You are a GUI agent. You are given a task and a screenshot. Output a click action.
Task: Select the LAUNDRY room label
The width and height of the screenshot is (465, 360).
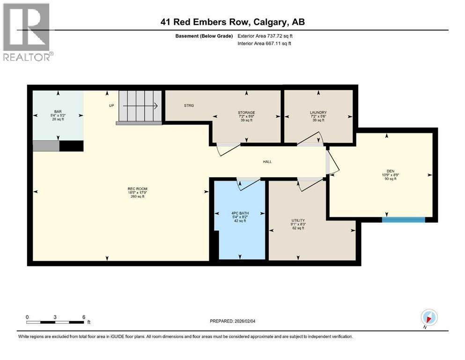(318, 112)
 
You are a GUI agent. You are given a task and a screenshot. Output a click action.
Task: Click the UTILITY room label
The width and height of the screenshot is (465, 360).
(298, 220)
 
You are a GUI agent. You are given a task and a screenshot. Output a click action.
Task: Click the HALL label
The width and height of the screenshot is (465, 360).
(267, 162)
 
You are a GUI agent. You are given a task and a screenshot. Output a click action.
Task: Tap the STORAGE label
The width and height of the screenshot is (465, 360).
(246, 112)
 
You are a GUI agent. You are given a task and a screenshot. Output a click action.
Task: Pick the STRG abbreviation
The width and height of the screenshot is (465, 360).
(189, 105)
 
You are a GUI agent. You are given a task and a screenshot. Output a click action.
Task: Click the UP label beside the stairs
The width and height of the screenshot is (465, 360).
(111, 105)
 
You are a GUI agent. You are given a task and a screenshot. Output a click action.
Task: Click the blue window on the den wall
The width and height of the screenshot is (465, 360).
(403, 219)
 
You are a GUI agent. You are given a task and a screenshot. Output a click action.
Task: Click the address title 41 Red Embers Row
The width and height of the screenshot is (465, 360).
(232, 22)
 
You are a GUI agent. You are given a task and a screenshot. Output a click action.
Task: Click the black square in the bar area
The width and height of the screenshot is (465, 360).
(71, 146)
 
